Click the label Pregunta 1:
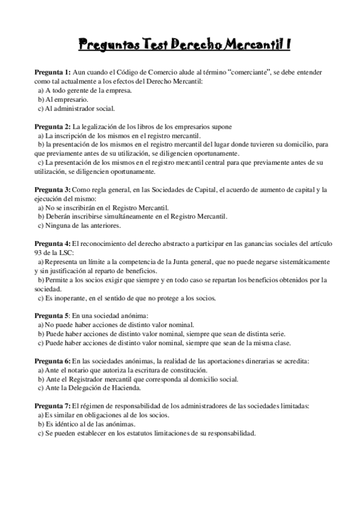(x=52, y=72)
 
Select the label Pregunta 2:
(x=52, y=127)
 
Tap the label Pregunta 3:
(x=52, y=190)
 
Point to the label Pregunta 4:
(x=52, y=244)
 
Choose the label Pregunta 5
(x=52, y=315)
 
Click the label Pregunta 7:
(x=52, y=406)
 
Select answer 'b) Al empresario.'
(x=63, y=99)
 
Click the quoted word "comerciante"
(x=252, y=72)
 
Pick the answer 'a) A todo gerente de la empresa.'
(x=85, y=90)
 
